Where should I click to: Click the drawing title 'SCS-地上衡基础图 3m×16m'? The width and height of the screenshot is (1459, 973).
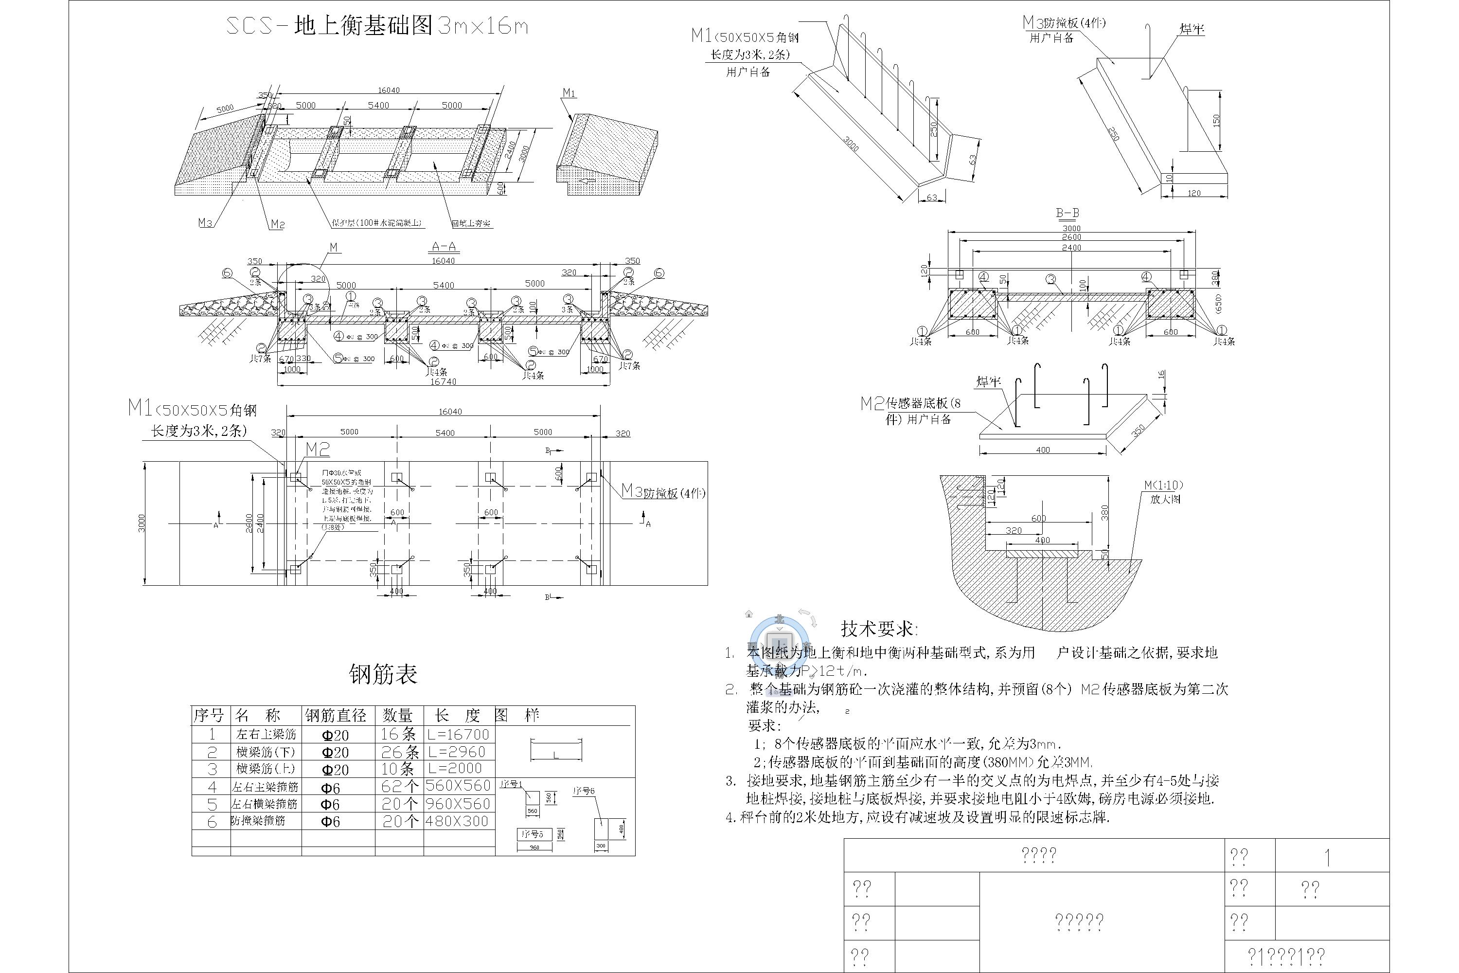click(376, 26)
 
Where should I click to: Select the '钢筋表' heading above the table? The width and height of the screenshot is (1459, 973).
click(383, 674)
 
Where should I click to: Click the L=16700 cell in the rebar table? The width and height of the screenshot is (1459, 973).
click(459, 735)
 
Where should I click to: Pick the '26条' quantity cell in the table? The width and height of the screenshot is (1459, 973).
click(399, 752)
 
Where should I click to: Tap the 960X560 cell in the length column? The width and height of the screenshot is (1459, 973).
click(459, 804)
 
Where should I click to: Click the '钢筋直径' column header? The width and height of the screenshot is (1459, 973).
click(336, 716)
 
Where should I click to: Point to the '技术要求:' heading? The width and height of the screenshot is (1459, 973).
click(878, 629)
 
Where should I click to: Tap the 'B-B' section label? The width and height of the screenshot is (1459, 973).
click(1068, 213)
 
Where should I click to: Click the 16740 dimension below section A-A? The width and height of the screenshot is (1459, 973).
click(444, 381)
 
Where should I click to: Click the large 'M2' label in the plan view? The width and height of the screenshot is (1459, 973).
click(318, 449)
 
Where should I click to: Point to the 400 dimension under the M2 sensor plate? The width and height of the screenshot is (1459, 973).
click(1043, 450)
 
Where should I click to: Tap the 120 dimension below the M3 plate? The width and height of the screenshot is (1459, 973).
click(1193, 194)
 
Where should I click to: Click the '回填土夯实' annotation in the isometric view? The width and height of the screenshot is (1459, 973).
click(471, 223)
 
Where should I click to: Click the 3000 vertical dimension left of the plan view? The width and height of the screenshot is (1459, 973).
click(142, 523)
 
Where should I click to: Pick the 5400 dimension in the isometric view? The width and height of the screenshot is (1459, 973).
click(378, 106)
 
